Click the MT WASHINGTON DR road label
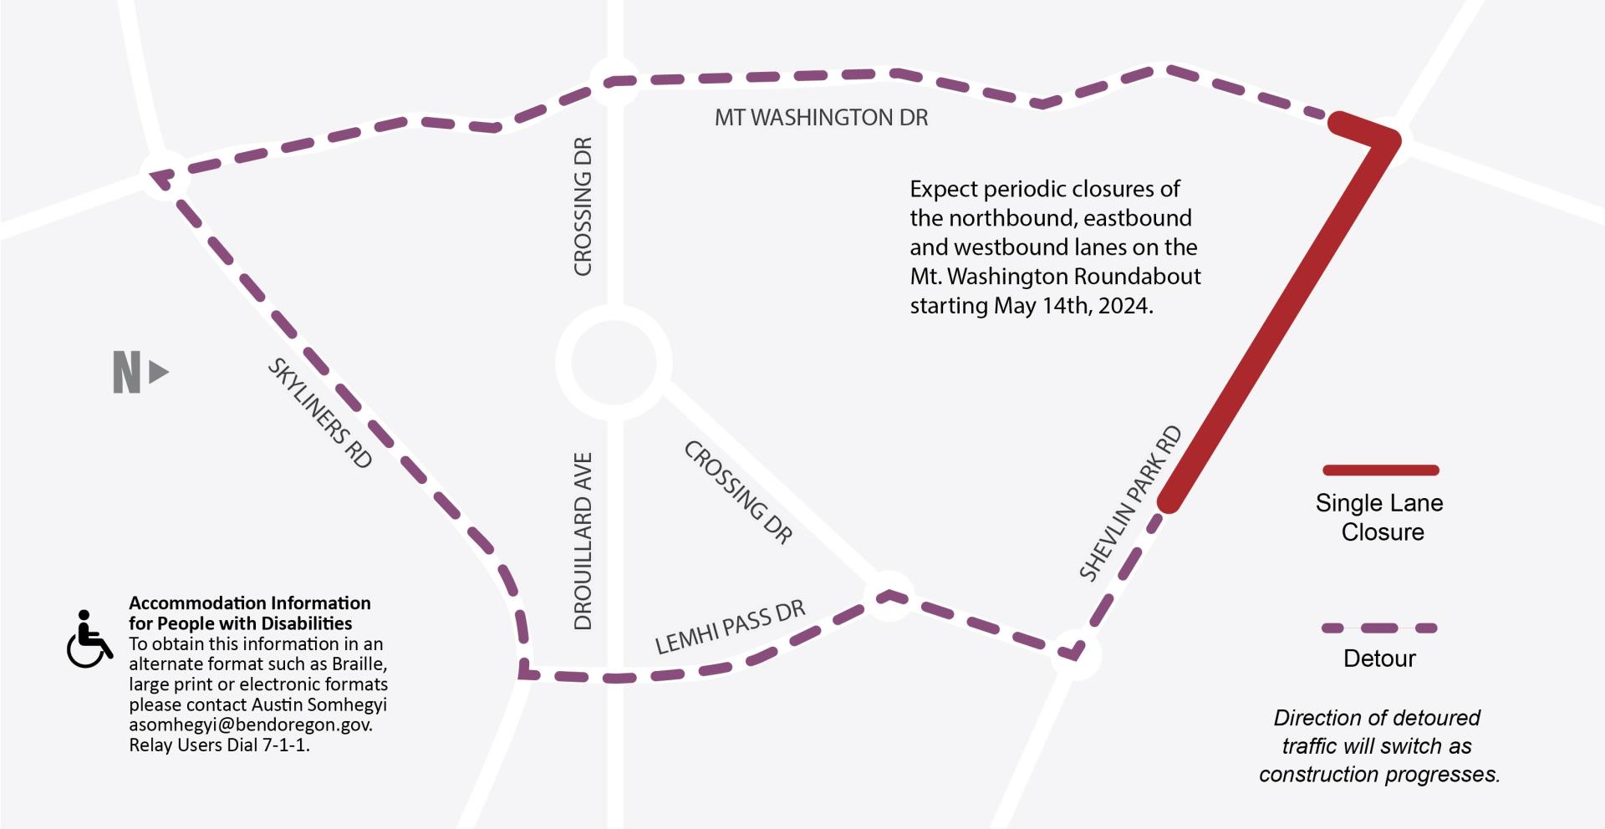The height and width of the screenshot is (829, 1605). pos(821,118)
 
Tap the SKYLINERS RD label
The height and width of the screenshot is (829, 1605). pos(319,413)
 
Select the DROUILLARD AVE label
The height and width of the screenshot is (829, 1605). pos(583,541)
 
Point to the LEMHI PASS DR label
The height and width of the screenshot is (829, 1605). pos(730,628)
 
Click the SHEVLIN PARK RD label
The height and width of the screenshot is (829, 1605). pos(1130,503)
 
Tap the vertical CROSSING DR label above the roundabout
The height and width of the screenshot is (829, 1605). pos(583,206)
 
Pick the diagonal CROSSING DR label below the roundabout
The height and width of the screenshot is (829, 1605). pos(738,492)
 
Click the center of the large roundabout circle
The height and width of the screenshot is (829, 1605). pos(614,363)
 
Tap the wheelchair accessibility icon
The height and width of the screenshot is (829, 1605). pos(89,640)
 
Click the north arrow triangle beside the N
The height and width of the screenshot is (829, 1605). pos(158,372)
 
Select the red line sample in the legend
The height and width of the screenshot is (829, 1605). pos(1380,470)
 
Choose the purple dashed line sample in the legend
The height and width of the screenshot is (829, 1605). pos(1379,628)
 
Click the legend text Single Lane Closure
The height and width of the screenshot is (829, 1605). pos(1380,517)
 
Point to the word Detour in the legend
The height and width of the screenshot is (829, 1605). pos(1379,659)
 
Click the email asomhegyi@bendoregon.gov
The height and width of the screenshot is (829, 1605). pos(250,725)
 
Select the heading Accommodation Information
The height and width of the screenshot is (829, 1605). pos(249,603)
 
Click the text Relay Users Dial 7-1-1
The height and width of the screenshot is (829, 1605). pos(219,745)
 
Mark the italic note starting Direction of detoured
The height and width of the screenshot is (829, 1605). pos(1378,745)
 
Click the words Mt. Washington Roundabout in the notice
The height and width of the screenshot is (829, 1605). pos(1055,277)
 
